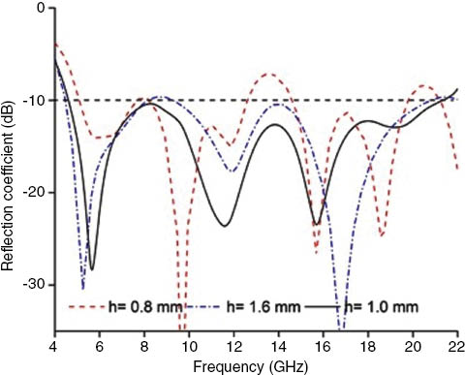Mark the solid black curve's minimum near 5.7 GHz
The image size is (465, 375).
(x=92, y=268)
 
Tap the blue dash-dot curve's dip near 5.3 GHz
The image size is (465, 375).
(x=83, y=288)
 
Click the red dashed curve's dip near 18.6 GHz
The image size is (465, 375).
(x=382, y=235)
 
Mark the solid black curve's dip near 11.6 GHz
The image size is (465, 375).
(x=225, y=226)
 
